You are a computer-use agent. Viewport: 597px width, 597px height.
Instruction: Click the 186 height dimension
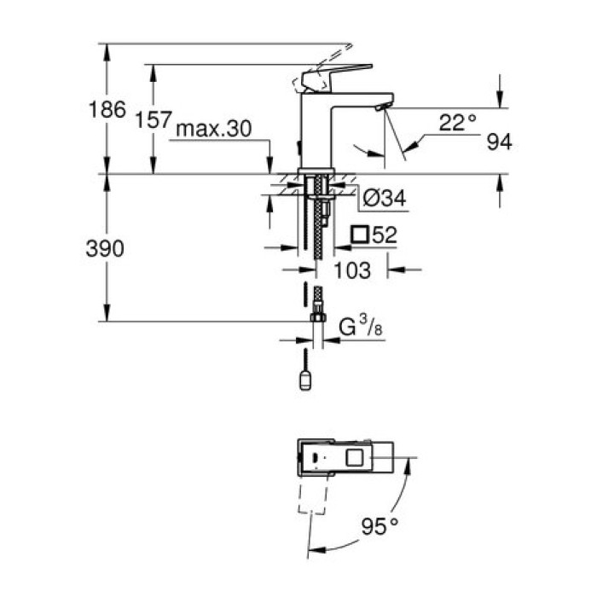[108, 109]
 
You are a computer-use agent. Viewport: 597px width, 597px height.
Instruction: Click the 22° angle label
[458, 122]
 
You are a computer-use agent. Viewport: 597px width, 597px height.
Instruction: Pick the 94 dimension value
[499, 142]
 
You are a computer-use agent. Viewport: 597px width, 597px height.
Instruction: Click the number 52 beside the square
[385, 235]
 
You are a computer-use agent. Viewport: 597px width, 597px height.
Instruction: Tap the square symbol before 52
[361, 235]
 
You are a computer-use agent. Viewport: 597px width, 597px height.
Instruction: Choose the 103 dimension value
[353, 270]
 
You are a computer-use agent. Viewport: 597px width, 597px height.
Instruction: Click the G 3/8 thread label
[358, 327]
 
